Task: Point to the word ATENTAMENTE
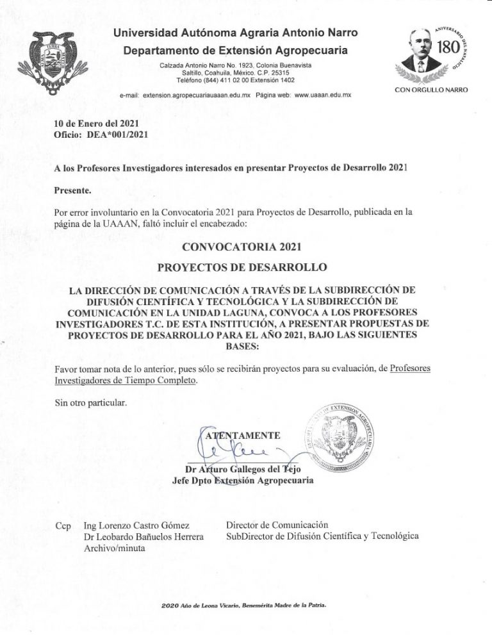tap(242, 436)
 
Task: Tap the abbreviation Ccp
tap(63, 527)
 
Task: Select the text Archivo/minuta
tap(114, 548)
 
